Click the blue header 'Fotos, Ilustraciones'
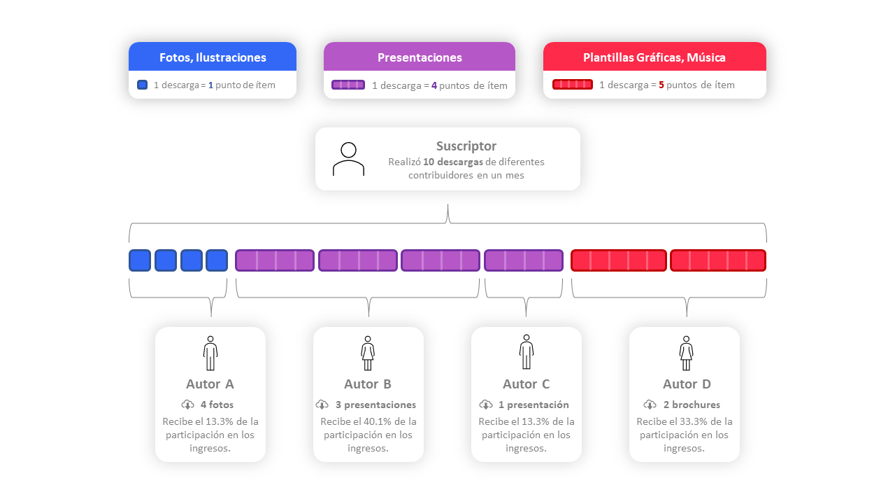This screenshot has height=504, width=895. [x=213, y=57]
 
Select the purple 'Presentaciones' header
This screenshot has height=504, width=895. [x=420, y=57]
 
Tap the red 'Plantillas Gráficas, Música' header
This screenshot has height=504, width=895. [x=654, y=57]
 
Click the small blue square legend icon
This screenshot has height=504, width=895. [x=143, y=85]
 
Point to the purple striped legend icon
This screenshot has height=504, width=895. [x=348, y=85]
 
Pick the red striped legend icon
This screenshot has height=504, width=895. [x=573, y=85]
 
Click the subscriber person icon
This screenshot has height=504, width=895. [x=348, y=159]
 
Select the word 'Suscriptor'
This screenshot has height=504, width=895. [x=466, y=146]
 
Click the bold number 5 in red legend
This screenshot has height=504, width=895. [x=661, y=85]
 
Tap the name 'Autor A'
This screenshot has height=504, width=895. [x=210, y=384]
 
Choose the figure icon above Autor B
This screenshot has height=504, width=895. [x=368, y=353]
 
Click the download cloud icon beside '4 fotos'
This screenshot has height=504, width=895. [x=187, y=405]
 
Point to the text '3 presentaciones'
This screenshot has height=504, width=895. [x=375, y=405]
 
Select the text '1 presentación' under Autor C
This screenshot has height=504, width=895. [x=534, y=405]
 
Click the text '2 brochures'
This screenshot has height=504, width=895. [x=692, y=405]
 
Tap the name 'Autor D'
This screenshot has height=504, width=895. [x=687, y=384]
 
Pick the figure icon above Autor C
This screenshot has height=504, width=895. [x=527, y=353]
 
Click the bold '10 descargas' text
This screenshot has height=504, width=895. [x=453, y=162]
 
